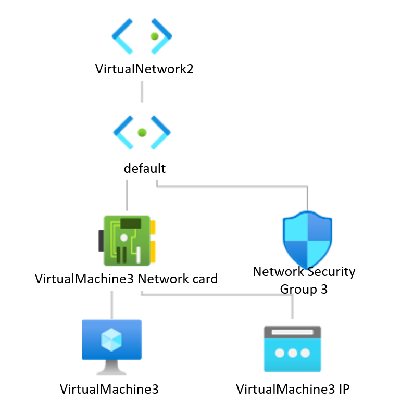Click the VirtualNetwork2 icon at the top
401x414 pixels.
(x=142, y=36)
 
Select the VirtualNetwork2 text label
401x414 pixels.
(x=144, y=69)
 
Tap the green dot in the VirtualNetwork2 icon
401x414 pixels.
(x=154, y=36)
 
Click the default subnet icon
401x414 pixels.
(x=142, y=133)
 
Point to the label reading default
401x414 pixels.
(x=144, y=168)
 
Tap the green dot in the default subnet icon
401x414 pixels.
(x=142, y=133)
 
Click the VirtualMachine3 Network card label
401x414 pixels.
(x=126, y=279)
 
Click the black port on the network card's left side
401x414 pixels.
(x=101, y=241)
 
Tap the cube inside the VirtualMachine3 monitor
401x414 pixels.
(x=111, y=340)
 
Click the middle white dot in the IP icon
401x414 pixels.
(x=292, y=353)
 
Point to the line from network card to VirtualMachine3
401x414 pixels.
(x=111, y=305)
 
